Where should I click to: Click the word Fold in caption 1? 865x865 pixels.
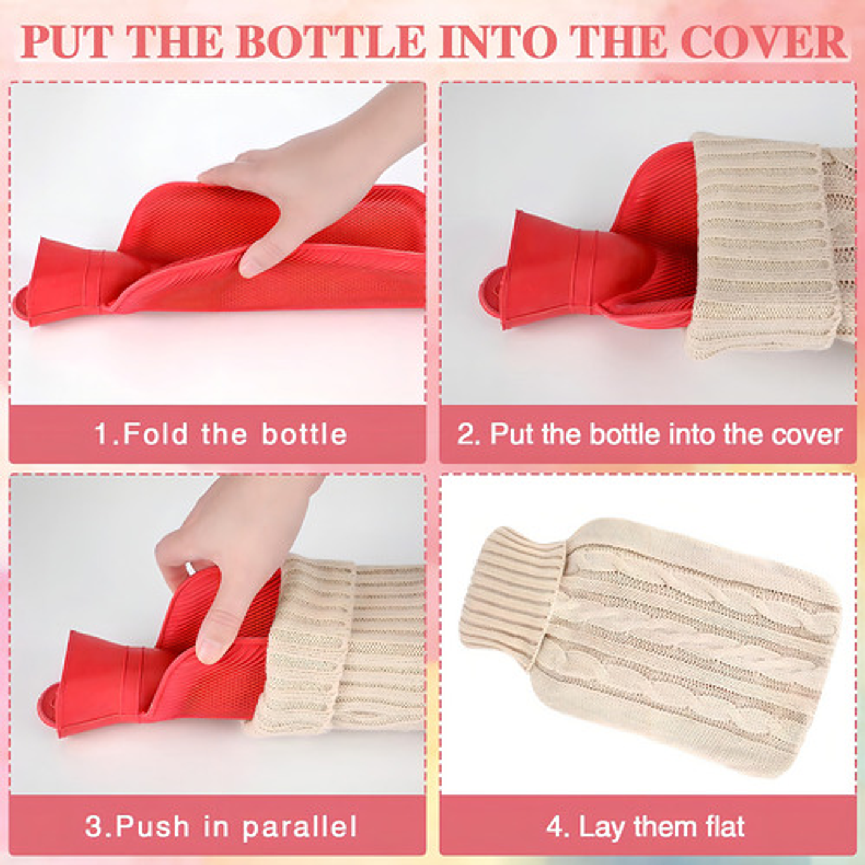[155, 434]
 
